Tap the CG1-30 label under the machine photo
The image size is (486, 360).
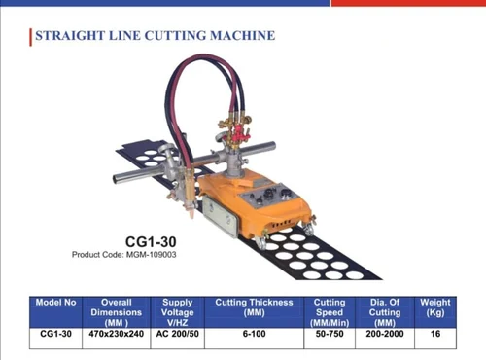[151, 239]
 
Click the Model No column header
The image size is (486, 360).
[55, 303]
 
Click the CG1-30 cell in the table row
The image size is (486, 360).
[55, 333]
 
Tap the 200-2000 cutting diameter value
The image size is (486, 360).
[385, 333]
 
